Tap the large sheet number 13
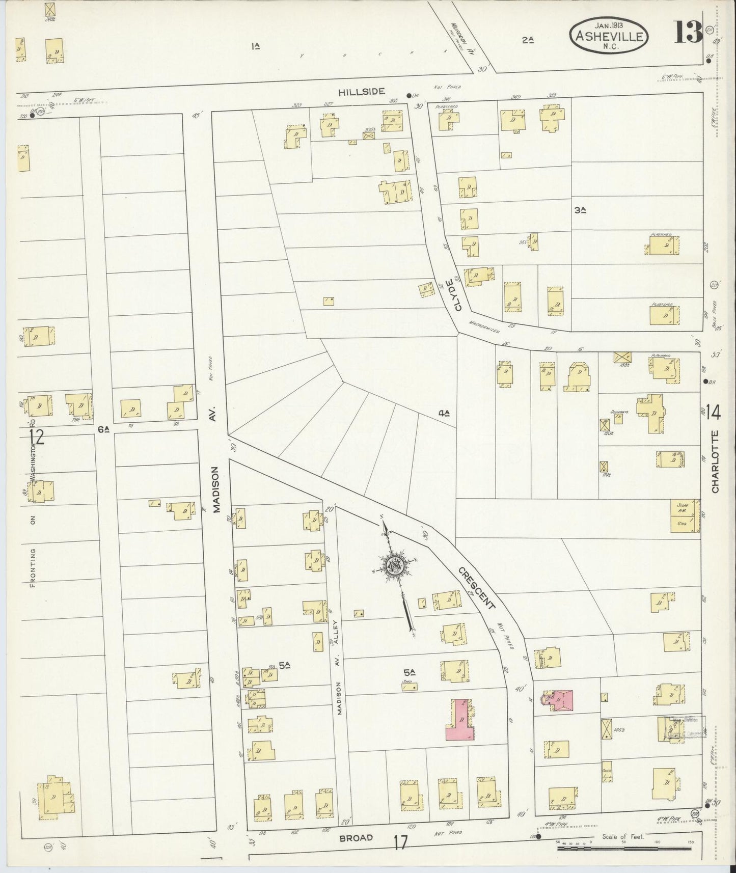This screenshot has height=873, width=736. pos(689,34)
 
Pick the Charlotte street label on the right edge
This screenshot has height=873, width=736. pos(715,461)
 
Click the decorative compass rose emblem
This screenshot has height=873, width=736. pos(395,565)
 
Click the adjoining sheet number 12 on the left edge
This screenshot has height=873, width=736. pos(36,436)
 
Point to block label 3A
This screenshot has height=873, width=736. pos(579,209)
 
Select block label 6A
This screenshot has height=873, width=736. pos(104,429)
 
